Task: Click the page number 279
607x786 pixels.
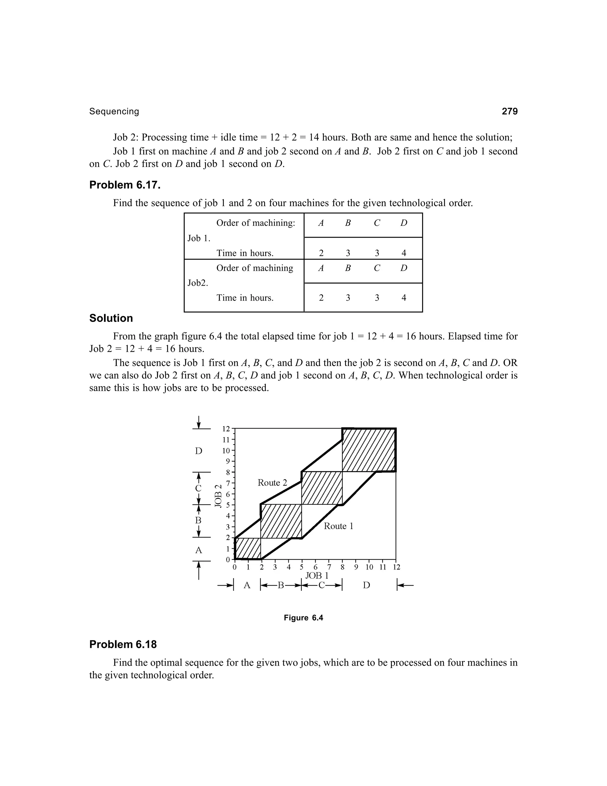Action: [509, 111]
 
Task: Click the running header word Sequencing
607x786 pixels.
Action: [114, 112]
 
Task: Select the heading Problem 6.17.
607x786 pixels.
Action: [125, 185]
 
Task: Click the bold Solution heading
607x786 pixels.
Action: [111, 318]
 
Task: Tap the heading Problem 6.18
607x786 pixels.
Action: [123, 644]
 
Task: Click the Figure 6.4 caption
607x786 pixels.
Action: [303, 618]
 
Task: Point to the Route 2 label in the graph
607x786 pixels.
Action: [272, 483]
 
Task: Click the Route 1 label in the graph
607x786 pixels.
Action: [338, 526]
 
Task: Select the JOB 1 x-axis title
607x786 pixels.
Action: [317, 575]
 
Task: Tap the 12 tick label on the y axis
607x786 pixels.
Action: [226, 429]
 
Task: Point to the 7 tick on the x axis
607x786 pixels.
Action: [329, 567]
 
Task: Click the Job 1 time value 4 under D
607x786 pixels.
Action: [403, 253]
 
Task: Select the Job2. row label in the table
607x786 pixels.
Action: [198, 283]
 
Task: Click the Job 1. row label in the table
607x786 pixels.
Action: [199, 238]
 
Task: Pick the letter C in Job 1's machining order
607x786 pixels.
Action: [376, 223]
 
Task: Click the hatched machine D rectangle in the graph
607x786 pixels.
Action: [369, 450]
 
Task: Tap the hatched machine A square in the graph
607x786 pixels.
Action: [248, 548]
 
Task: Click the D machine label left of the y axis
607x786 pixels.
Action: [199, 451]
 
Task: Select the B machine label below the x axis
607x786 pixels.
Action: [280, 585]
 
